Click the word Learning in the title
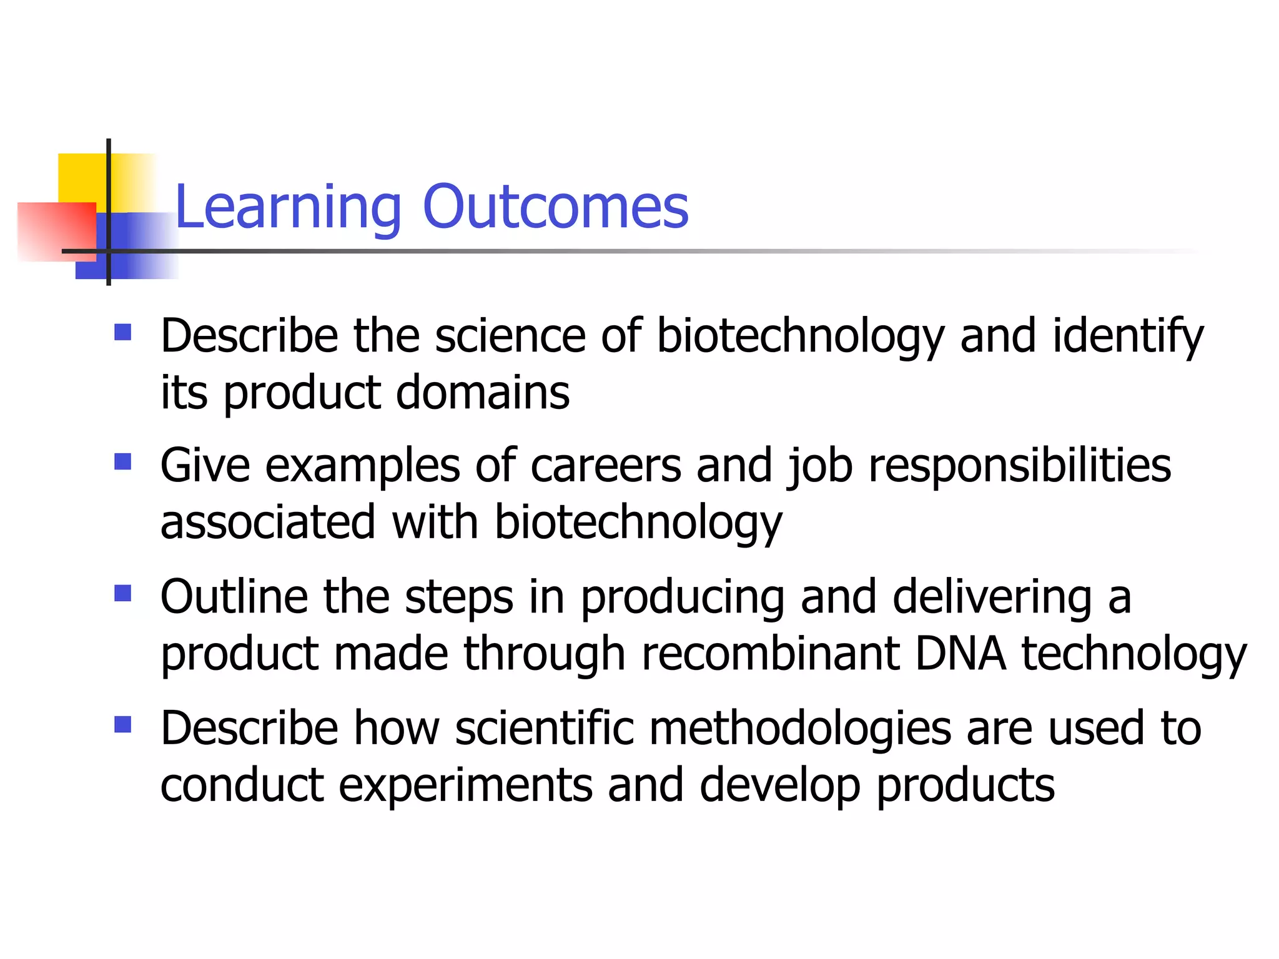288,207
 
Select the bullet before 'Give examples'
123,462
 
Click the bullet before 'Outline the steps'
123,593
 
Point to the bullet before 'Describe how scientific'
123,724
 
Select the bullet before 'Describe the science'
123,332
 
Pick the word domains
483,393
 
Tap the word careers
606,466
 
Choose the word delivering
992,598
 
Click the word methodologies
800,729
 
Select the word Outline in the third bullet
234,598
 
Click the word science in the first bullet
510,337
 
